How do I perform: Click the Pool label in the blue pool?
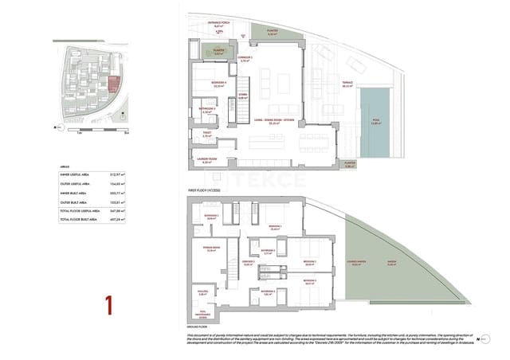click(x=375, y=122)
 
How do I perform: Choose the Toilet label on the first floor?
click(x=206, y=135)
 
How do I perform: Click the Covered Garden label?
click(x=356, y=268)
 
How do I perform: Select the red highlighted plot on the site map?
click(x=112, y=83)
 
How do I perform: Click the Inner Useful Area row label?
click(x=77, y=174)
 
